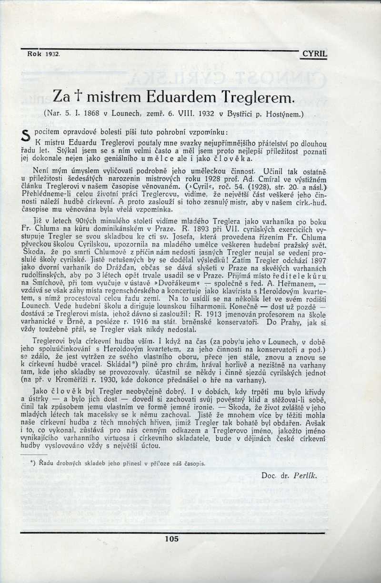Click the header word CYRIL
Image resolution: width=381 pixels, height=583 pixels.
(315, 54)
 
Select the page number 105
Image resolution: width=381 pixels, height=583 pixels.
(170, 539)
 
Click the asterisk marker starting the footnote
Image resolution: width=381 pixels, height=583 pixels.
(32, 463)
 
